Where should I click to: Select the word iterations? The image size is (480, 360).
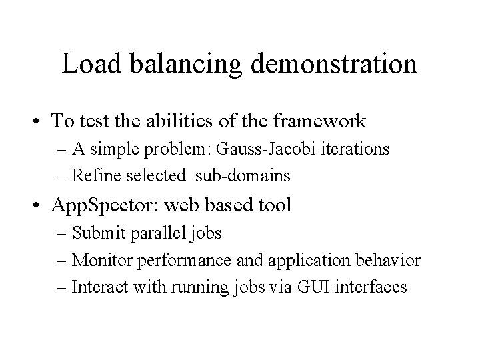click(x=357, y=149)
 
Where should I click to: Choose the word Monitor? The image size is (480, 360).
click(x=98, y=260)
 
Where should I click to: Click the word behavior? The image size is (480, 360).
click(x=394, y=260)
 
